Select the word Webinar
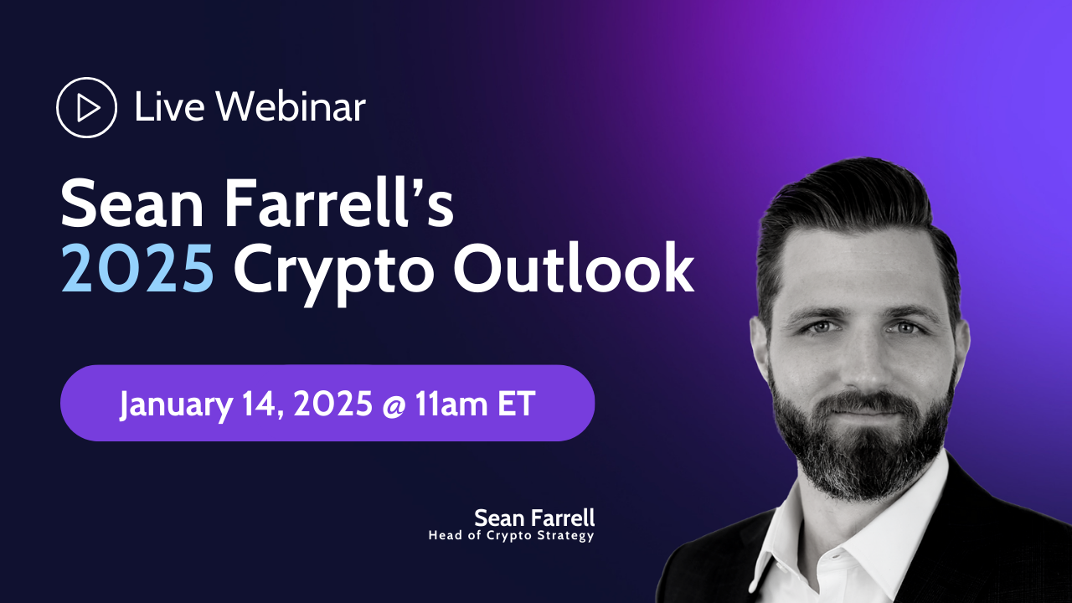pos(291,106)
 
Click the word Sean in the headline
pos(132,203)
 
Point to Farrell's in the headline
pos(339,201)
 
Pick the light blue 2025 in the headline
pos(137,269)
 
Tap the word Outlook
pos(574,267)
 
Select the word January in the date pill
pos(176,405)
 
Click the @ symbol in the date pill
pos(394,405)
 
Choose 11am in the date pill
pos(451,405)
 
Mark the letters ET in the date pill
pos(516,405)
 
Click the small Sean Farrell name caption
pos(534,518)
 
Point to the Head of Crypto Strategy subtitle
pos(511,535)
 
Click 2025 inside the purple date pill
pos(333,404)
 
